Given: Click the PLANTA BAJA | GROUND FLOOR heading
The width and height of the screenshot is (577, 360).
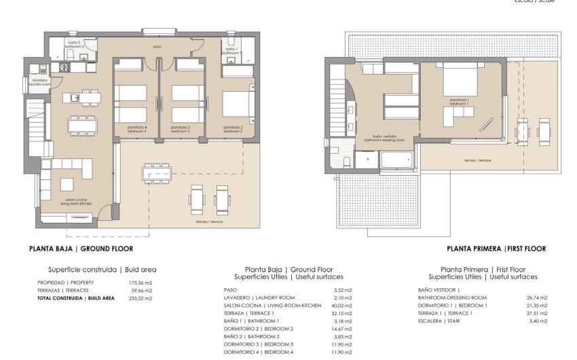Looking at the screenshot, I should pyautogui.click(x=81, y=249).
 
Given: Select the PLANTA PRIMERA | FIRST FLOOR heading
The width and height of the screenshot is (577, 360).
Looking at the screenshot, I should pyautogui.click(x=496, y=249).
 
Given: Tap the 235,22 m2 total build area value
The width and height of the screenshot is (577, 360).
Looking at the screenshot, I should pyautogui.click(x=141, y=298).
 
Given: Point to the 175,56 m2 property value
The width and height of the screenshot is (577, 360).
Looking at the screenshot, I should pyautogui.click(x=141, y=282).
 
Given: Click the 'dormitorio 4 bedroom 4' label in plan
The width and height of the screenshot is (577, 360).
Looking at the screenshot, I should pyautogui.click(x=136, y=128).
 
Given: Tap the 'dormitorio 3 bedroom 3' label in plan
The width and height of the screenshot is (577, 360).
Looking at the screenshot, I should pyautogui.click(x=180, y=128).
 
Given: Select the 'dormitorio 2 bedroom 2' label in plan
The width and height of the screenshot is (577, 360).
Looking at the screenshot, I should pyautogui.click(x=233, y=128).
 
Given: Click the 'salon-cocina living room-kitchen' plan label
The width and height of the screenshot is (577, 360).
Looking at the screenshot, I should pyautogui.click(x=76, y=202).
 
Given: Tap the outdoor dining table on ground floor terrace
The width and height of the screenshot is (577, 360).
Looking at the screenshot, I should pyautogui.click(x=156, y=174).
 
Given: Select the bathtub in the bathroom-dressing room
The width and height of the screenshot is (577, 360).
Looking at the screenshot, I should pyautogui.click(x=396, y=160).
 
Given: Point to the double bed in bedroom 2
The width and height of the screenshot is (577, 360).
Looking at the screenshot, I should pyautogui.click(x=236, y=104).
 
